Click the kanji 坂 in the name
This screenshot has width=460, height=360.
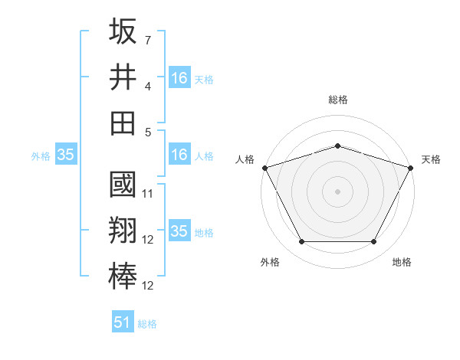(x=123, y=32)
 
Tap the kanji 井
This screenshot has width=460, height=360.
(x=123, y=77)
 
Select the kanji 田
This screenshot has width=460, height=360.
(x=123, y=123)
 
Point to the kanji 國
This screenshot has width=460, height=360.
(x=123, y=186)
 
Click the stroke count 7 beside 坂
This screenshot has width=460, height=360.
(x=148, y=39)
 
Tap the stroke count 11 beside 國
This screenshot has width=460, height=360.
(x=148, y=194)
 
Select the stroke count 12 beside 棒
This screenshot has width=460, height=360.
(x=148, y=286)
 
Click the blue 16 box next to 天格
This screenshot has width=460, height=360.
(x=179, y=78)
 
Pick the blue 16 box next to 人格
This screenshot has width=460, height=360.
(x=179, y=155)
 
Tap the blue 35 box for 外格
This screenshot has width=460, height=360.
(x=65, y=155)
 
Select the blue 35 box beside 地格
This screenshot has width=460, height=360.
(x=179, y=231)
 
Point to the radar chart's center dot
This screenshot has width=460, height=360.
(x=337, y=191)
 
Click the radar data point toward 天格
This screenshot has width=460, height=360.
(x=412, y=167)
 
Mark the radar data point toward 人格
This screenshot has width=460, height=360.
(x=264, y=167)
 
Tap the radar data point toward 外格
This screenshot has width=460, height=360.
(x=301, y=242)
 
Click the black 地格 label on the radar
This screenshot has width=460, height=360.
(x=402, y=263)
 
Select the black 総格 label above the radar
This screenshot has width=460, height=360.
(x=337, y=100)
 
